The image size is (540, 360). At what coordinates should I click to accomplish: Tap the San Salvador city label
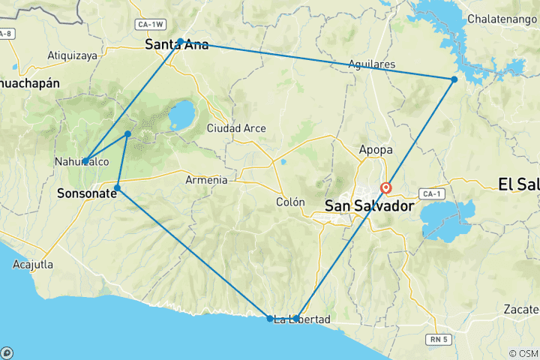(369, 205)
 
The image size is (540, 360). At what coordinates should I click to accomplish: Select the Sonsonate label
(86, 193)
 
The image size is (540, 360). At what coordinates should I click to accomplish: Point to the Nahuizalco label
(82, 161)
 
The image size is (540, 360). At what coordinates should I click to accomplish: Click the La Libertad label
(301, 320)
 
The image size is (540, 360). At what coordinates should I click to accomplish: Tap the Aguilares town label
(371, 65)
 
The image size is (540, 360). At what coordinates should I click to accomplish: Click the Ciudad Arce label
(236, 128)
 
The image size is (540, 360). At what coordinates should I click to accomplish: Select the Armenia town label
(206, 180)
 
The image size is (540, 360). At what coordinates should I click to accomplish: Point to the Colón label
(290, 202)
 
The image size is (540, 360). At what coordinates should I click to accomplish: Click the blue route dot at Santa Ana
(181, 42)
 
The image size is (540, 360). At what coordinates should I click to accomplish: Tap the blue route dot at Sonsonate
(118, 187)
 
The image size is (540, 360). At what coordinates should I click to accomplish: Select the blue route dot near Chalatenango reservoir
(454, 79)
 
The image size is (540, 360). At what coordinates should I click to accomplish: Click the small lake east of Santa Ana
(181, 116)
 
